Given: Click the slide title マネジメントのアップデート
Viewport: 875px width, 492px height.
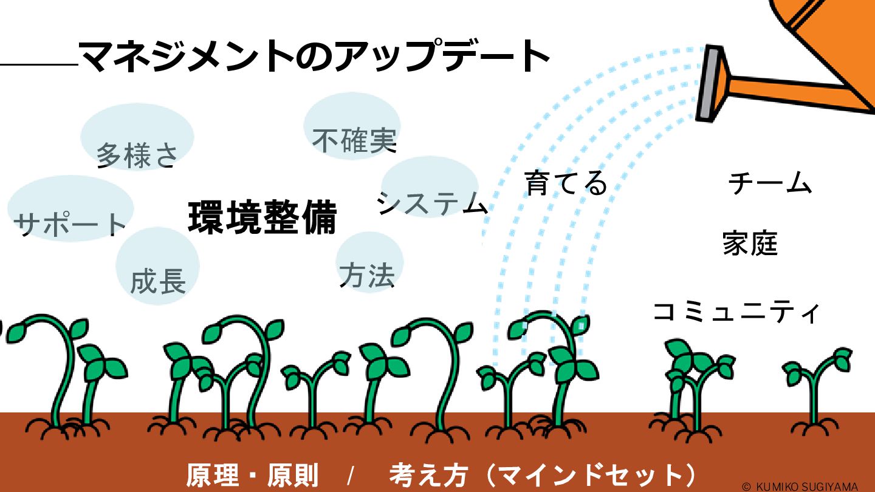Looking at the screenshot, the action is coord(314,56).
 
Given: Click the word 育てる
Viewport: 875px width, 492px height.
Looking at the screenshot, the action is coord(566,183).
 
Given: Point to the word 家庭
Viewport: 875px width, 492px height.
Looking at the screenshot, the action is coord(750,244).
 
